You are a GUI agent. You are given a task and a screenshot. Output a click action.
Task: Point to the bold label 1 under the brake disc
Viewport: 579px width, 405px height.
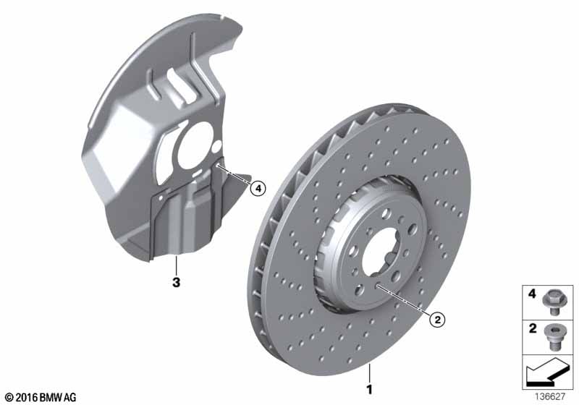coord(370,391)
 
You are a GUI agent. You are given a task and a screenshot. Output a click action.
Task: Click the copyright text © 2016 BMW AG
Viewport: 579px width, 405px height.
coord(40,396)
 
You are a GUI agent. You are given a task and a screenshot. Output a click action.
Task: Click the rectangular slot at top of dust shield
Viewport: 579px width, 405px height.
coord(175,77)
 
